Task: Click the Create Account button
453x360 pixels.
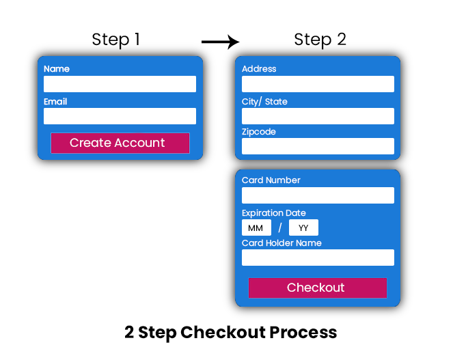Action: pos(120,143)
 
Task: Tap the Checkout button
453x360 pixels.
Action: pos(318,288)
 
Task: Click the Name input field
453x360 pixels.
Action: pos(120,84)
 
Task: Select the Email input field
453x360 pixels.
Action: pos(120,116)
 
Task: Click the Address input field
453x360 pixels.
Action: pos(318,84)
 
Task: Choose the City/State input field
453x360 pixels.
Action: pos(318,116)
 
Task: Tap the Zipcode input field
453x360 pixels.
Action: pos(318,146)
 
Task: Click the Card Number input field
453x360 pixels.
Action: pos(318,195)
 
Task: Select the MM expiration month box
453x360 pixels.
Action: pos(256,227)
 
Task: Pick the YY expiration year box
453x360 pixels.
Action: pos(303,227)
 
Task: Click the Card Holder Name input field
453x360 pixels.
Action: pos(318,258)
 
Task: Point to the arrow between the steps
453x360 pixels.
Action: pos(221,42)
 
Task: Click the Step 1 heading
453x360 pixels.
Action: pos(116,40)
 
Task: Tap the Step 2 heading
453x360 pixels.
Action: pos(320,40)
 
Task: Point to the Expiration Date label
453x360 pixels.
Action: pos(274,213)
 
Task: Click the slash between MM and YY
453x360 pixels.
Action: pos(280,227)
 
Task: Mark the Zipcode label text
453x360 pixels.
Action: pos(259,132)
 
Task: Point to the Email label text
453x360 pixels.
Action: pos(55,102)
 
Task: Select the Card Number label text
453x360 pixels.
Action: pos(271,180)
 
